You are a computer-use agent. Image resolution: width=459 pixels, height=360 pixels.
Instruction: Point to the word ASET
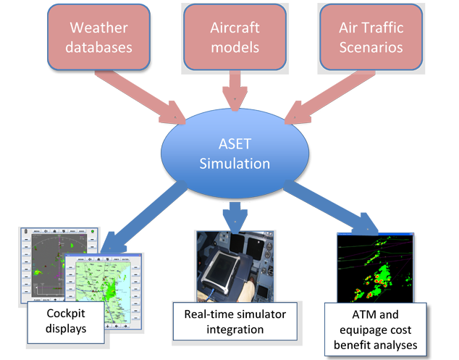235,142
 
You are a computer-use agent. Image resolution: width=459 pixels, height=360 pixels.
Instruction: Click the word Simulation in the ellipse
235,163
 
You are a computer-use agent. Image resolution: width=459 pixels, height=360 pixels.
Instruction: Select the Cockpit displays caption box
56,319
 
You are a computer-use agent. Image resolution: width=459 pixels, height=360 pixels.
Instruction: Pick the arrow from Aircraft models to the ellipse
233,91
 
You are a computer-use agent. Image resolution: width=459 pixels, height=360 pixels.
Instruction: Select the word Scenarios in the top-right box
371,49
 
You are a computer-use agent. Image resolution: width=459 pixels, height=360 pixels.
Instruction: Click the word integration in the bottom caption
230,330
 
